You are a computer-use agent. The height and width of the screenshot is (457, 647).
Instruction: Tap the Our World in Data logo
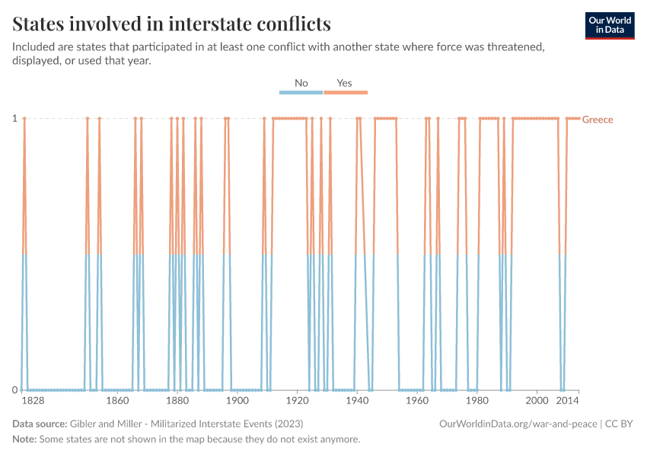coord(609,24)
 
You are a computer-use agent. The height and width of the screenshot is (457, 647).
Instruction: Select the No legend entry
coord(301,83)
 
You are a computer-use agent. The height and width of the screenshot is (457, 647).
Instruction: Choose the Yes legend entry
coord(345,83)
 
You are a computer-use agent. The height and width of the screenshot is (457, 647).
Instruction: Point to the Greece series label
coord(598,120)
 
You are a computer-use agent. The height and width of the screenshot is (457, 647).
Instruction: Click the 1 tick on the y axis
coord(14,118)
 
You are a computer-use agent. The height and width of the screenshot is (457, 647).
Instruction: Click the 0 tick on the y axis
coord(14,390)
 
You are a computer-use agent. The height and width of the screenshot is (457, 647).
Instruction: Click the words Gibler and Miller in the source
coord(106,423)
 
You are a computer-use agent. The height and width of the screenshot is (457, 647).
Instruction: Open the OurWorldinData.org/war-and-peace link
coord(518,423)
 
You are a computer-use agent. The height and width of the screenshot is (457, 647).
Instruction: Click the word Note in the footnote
coord(25,439)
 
